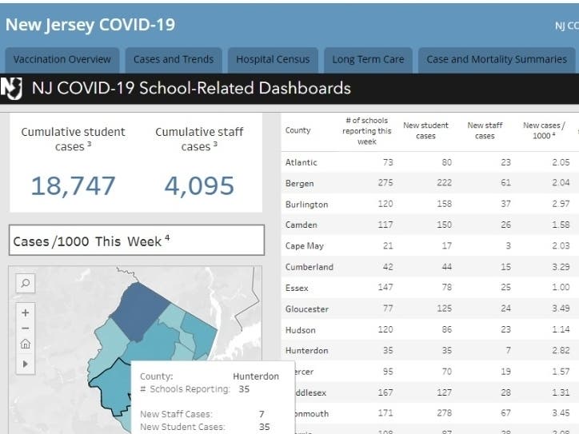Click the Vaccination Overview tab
pos(62,59)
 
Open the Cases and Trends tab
pos(174,59)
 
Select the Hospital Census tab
pos(272,59)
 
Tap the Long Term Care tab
pos(369,59)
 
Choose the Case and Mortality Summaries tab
pos(496,59)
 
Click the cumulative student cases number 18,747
pos(73,186)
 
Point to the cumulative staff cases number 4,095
pos(199,186)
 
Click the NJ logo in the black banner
pos(12,88)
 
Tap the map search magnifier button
pos(26,283)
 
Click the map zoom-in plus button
pos(26,313)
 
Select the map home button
pos(26,344)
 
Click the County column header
pos(297,130)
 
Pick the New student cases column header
pos(425,130)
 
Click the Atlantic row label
pos(301,162)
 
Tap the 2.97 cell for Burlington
pos(559,204)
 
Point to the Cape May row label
pos(304,245)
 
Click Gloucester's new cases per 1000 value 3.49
pos(559,309)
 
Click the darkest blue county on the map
pos(139,308)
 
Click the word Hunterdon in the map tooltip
pos(256,376)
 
